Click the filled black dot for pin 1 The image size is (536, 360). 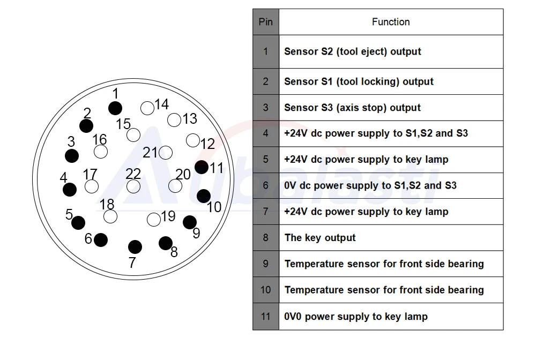[x=115, y=108]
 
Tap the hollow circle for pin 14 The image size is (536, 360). [x=147, y=108]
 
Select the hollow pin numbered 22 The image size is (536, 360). [x=133, y=186]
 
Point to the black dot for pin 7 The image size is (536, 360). [x=135, y=247]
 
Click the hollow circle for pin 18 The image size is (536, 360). [x=110, y=216]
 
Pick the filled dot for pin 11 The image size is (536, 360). [x=202, y=167]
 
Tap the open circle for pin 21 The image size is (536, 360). [x=166, y=153]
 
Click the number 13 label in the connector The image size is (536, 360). [x=190, y=119]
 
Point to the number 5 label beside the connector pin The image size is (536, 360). [x=69, y=214]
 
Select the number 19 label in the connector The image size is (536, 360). [x=168, y=216]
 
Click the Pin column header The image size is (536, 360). [x=266, y=22]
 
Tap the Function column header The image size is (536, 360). [x=391, y=22]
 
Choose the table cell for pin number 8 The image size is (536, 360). [x=266, y=238]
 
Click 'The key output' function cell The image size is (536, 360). [x=391, y=238]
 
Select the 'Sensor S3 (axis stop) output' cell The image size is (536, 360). [x=391, y=108]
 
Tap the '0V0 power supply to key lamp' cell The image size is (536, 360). [x=391, y=317]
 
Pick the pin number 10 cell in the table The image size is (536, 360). [x=266, y=290]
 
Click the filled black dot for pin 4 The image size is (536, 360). [x=70, y=190]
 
